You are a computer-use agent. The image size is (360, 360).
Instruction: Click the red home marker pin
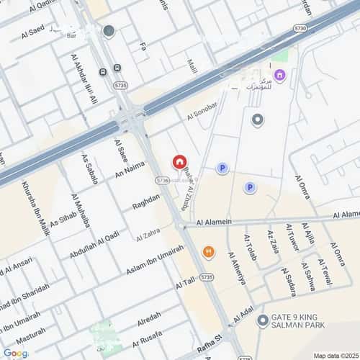[179, 163]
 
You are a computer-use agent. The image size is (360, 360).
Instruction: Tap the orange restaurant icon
[208, 251]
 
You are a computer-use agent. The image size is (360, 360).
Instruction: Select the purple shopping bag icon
[279, 75]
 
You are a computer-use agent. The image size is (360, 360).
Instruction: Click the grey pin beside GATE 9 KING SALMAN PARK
[262, 320]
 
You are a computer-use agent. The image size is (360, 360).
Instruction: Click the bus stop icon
[103, 72]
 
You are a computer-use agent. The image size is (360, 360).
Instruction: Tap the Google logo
[15, 353]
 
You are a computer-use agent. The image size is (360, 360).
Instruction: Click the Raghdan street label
[146, 201]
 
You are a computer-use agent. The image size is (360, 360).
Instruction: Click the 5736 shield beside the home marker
[163, 181]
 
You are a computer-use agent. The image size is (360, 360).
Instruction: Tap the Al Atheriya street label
[236, 268]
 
